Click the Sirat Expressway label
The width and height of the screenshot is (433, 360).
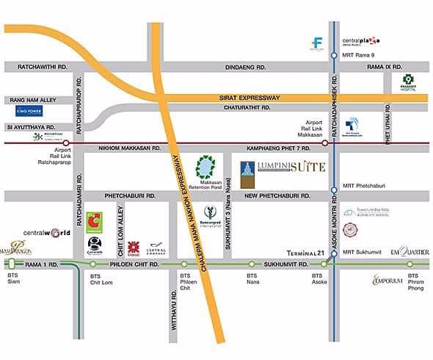[247, 98]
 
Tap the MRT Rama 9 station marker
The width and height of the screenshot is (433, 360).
[334, 55]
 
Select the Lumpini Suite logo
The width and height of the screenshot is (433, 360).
[283, 168]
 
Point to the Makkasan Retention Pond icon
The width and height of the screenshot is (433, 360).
[206, 167]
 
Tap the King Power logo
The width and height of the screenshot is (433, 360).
[30, 112]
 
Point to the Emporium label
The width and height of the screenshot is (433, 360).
[390, 280]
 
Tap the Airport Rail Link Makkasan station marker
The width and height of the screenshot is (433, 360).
[334, 143]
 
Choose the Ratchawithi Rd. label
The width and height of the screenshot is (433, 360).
[36, 67]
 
